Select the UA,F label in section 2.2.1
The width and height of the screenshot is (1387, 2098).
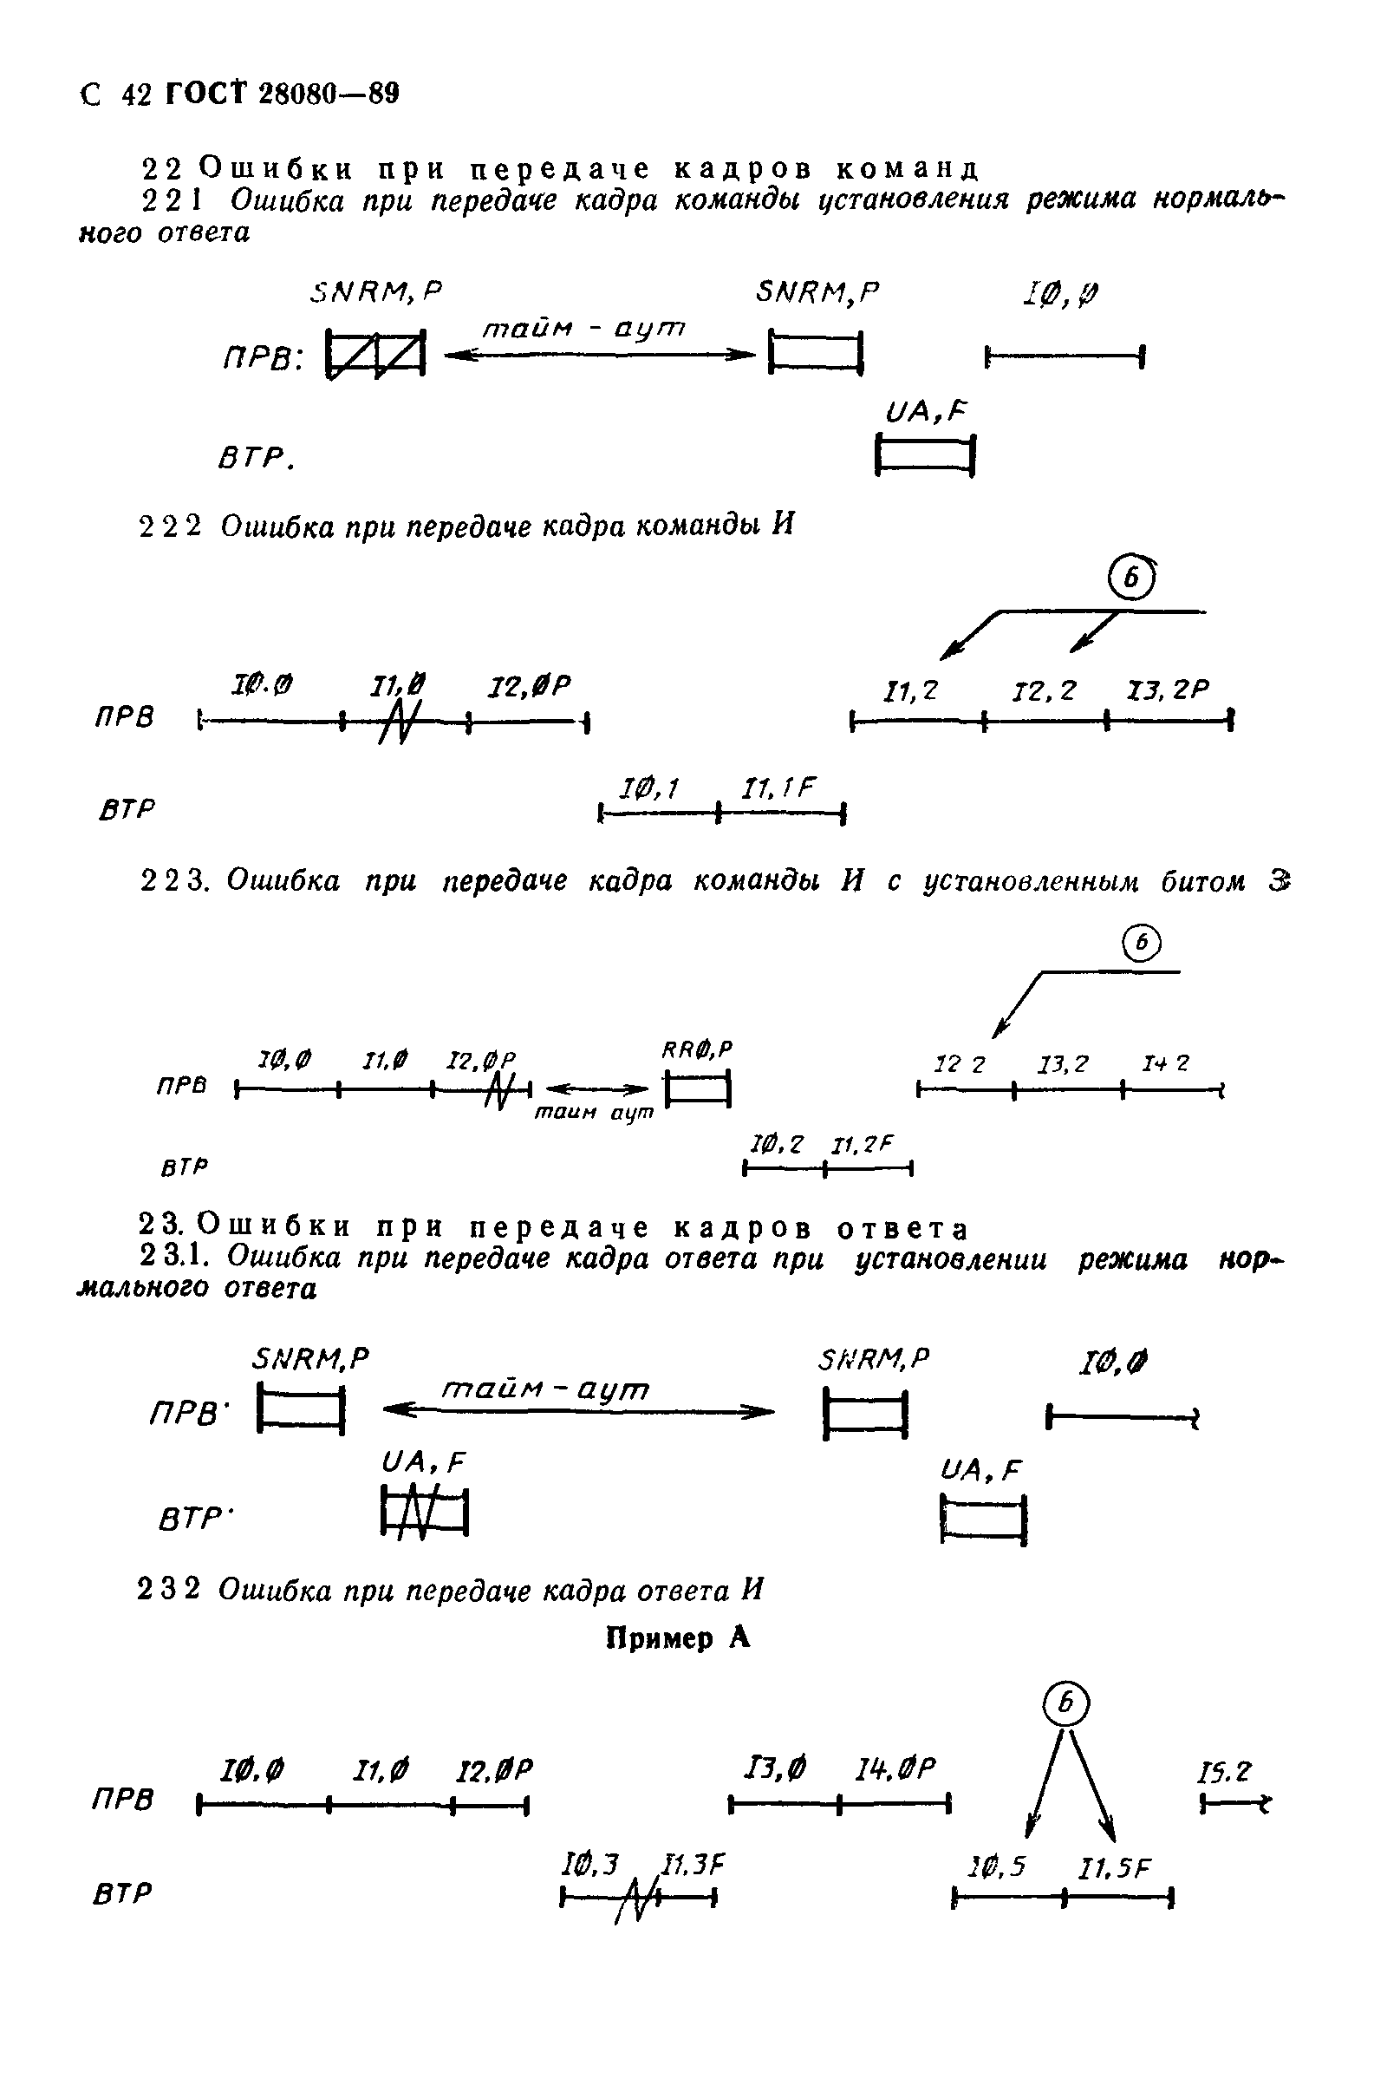click(x=925, y=411)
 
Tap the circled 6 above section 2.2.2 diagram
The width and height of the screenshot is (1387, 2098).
click(x=1133, y=578)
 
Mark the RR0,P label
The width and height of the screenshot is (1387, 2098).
click(x=697, y=1050)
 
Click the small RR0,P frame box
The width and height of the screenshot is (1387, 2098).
click(x=698, y=1088)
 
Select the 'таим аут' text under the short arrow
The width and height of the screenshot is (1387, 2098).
click(x=594, y=1112)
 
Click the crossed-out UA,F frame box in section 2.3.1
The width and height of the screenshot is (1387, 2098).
click(x=425, y=1513)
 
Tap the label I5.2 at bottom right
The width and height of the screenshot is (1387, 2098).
click(x=1225, y=1772)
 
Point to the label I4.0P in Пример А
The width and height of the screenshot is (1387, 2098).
click(x=895, y=1768)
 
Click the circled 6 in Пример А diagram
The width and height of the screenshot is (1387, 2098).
click(x=1066, y=1703)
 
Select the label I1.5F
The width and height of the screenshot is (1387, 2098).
click(x=1115, y=1869)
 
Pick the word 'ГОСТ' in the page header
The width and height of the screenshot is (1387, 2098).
click(x=205, y=94)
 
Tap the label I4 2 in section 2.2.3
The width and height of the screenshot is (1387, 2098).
click(x=1165, y=1063)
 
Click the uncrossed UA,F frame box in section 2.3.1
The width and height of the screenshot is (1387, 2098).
click(x=984, y=1520)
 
